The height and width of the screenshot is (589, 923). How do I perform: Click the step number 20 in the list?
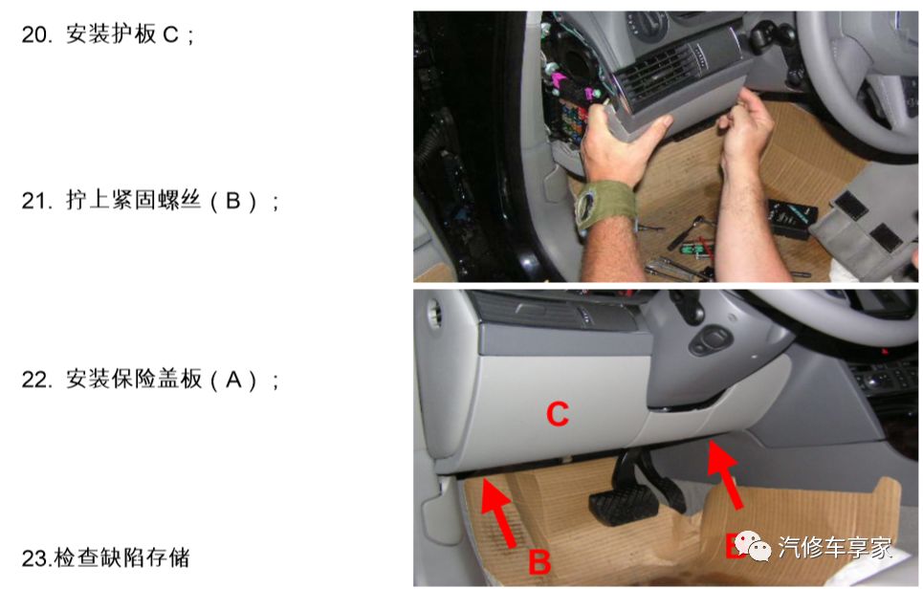35,35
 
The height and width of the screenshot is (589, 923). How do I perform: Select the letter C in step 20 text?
171,35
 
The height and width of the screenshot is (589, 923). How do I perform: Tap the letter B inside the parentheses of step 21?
232,202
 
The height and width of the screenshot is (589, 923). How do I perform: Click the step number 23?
34,557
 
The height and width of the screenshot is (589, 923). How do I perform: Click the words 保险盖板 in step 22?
155,380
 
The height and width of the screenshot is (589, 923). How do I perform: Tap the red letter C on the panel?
557,414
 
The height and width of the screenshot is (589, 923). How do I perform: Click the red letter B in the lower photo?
539,561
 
